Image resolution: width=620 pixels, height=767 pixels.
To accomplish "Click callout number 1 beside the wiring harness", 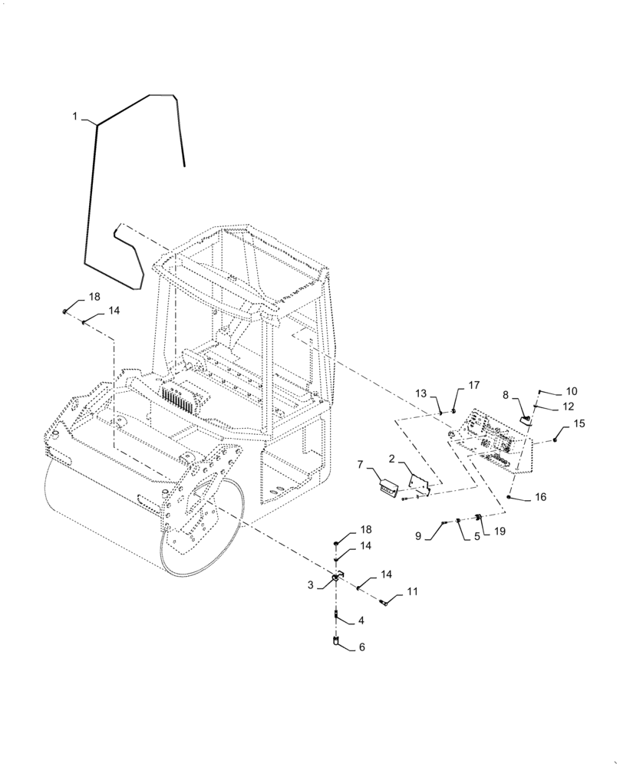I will coord(74,116).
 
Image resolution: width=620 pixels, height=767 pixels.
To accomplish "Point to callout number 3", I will coord(311,584).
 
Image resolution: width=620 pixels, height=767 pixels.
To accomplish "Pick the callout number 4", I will coord(361,621).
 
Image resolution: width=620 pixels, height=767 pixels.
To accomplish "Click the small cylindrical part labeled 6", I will coord(336,643).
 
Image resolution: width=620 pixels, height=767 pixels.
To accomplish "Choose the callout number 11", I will coord(413,592).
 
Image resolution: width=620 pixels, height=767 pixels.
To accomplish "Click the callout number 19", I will coord(500,530).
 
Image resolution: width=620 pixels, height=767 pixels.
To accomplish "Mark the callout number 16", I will coord(540,497).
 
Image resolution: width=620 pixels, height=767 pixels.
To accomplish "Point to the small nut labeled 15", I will coord(556,439).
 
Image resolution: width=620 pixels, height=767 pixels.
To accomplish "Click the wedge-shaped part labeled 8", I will coord(527,419).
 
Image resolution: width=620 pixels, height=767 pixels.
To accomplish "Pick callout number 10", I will coord(572,391).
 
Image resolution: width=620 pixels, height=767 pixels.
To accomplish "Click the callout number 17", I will coord(473,385).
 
